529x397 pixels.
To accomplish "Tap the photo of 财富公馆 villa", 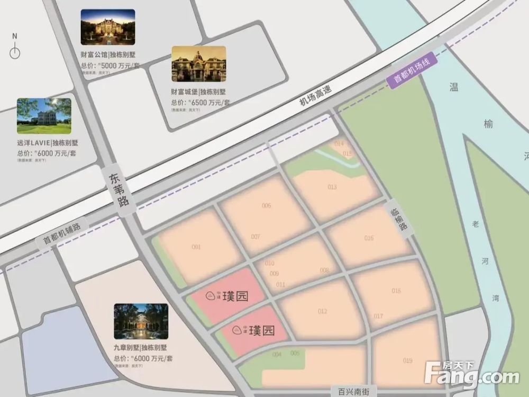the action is pos(107,27).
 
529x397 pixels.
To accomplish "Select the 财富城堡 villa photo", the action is pos(198,64).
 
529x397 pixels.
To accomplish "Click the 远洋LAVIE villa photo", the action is pos(44,115).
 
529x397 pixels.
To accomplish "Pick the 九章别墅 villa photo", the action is pos(141,321).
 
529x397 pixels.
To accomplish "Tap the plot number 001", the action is pos(196,247).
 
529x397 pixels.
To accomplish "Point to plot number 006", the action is pos(266,206).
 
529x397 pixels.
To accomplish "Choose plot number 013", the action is pos(332,187).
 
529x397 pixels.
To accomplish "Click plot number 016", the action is pos(369,238).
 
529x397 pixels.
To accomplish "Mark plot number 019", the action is pos(407,361).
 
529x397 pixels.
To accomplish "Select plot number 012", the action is pos(323,311).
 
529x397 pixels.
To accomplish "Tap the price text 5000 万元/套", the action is pos(120,66).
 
